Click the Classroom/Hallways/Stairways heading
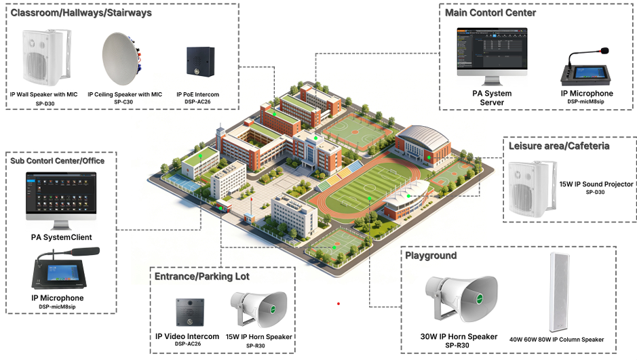pos(81,13)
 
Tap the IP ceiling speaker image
pos(121,59)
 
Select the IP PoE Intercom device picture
pos(200,62)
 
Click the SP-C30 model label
pos(123,102)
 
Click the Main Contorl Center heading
pos(490,13)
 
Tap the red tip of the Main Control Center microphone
pos(605,51)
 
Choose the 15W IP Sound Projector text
pos(596,184)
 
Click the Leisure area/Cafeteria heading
pos(559,146)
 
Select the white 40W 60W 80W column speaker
pos(560,292)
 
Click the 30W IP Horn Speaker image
pos(461,299)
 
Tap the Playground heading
pos(431,256)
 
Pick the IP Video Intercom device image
pos(190,312)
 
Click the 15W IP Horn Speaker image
pos(258,308)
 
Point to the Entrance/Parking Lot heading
pos(202,277)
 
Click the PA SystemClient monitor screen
pos(61,193)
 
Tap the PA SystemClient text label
pos(61,237)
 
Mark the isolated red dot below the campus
pos(339,304)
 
